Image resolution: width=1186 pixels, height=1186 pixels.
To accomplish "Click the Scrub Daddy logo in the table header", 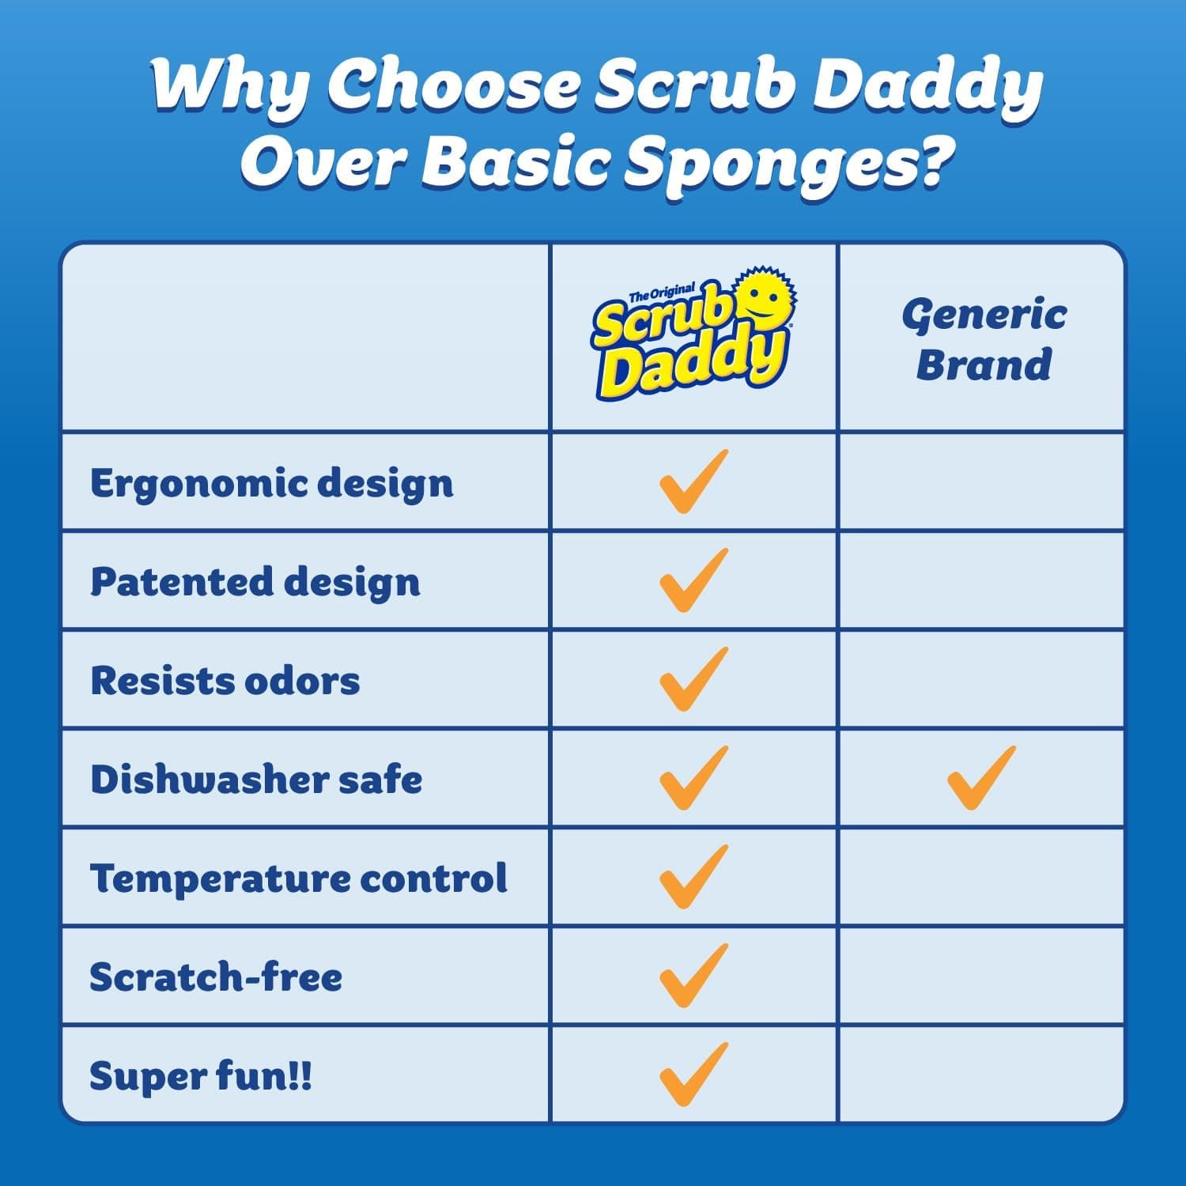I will point(693,336).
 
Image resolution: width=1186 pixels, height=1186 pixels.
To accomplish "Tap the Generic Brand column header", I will point(984,340).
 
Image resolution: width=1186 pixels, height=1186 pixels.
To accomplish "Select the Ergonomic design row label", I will point(272,483).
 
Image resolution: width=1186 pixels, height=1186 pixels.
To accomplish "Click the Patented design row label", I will point(255,582).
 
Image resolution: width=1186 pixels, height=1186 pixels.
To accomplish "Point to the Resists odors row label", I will point(225,681).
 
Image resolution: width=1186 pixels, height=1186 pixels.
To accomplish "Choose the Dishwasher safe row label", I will point(256,780).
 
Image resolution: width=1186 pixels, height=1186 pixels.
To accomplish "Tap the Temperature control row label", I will point(298,878).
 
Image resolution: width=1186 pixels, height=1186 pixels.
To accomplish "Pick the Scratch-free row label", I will point(216,977).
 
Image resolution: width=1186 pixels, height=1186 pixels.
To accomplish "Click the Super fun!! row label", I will point(201,1076).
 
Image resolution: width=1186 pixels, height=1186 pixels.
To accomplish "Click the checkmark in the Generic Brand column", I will point(980,779).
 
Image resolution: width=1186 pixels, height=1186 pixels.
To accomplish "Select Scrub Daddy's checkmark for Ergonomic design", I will point(693,482).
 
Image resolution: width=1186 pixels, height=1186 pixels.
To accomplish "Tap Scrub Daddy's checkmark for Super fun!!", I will point(693,1075).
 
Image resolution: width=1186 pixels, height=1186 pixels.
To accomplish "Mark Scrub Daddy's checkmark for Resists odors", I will point(693,680).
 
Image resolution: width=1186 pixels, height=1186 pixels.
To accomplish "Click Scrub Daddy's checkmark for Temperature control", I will point(693,878).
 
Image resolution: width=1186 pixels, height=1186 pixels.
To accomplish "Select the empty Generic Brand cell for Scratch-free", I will point(980,976).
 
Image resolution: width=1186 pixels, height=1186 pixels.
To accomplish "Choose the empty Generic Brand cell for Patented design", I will point(980,581).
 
